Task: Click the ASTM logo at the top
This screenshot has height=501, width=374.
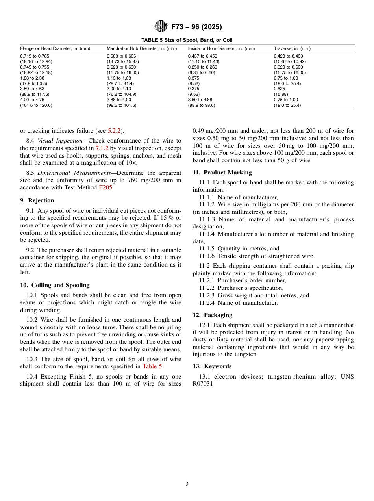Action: coord(160,27)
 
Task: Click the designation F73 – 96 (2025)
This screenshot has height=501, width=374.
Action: coord(196,27)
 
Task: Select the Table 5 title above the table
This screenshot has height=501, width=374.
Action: coord(187,40)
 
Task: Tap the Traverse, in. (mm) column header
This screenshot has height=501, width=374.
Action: coord(292,48)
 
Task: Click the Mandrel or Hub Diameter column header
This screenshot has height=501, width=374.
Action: coord(142,48)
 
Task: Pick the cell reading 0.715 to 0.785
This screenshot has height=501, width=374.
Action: coord(35,56)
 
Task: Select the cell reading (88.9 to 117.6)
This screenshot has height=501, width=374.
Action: coord(35,95)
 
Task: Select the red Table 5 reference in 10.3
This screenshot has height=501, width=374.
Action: coord(152,366)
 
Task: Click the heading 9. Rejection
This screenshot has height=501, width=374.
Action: coord(37,200)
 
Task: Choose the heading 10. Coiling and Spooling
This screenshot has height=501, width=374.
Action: coord(55,285)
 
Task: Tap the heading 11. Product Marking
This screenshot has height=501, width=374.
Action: coord(222,173)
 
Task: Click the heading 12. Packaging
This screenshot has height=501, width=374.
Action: coord(212,315)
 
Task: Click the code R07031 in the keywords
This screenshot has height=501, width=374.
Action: coord(203,384)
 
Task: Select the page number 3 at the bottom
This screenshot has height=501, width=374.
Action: coord(187,484)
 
